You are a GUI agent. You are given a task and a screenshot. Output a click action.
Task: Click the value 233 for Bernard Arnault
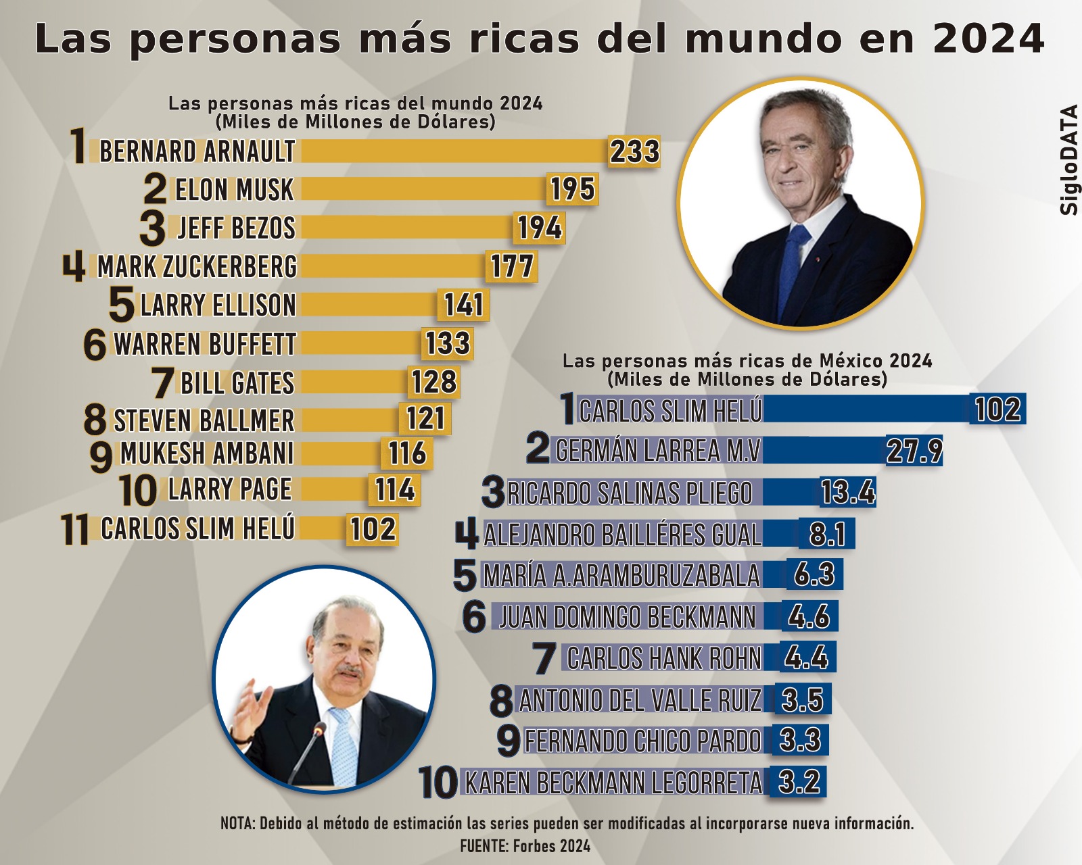point(634,151)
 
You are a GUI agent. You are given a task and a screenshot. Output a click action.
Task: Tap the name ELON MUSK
point(234,190)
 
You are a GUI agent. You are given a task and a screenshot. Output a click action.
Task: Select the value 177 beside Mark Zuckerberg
point(512,266)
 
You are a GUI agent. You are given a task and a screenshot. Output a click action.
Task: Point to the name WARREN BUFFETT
point(205,344)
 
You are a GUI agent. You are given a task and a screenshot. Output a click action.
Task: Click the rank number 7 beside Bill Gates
point(163,382)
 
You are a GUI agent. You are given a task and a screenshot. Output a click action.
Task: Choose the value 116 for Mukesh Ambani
point(407,453)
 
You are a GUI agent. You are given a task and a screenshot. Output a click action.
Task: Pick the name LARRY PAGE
point(230,490)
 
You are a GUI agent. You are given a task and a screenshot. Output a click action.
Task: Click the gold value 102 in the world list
point(373,529)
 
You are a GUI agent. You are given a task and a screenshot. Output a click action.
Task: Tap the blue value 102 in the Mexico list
point(998,410)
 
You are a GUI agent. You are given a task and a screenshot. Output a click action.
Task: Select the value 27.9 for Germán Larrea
point(914,451)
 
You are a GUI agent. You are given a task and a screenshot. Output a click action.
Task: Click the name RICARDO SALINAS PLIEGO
point(630,493)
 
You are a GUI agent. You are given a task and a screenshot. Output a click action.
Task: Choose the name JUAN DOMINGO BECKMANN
point(627,617)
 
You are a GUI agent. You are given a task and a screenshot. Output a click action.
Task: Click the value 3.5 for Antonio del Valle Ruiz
point(802,700)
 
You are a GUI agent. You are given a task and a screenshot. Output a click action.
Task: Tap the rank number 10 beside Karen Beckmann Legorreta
point(438,783)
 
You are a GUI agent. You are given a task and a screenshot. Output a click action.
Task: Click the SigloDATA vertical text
point(1068,160)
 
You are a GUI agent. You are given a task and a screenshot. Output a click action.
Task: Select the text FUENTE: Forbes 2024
point(525,846)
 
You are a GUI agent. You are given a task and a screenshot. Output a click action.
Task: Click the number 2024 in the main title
point(988,39)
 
